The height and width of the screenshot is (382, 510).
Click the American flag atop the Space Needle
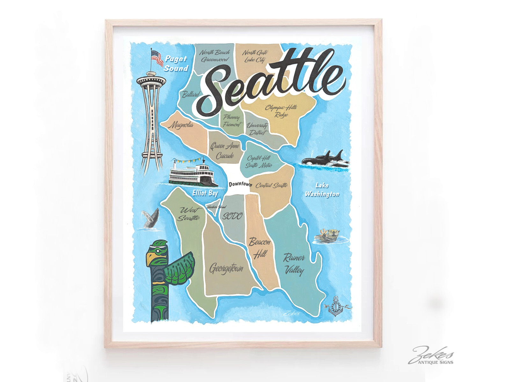pyautogui.click(x=157, y=58)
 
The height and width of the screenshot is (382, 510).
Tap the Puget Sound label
pyautogui.click(x=176, y=64)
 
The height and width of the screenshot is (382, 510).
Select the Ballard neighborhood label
pyautogui.click(x=191, y=94)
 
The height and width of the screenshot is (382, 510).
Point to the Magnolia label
pyautogui.click(x=181, y=125)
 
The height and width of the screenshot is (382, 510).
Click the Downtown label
pyautogui.click(x=240, y=184)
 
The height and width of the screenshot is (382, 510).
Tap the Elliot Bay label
pyautogui.click(x=205, y=193)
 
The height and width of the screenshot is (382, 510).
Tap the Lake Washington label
pyautogui.click(x=322, y=190)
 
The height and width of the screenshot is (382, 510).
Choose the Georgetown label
pyautogui.click(x=226, y=268)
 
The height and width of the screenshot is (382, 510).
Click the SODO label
pyautogui.click(x=232, y=216)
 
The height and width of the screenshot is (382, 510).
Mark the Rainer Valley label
pyautogui.click(x=294, y=264)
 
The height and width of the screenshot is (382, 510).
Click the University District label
pyautogui.click(x=257, y=129)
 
